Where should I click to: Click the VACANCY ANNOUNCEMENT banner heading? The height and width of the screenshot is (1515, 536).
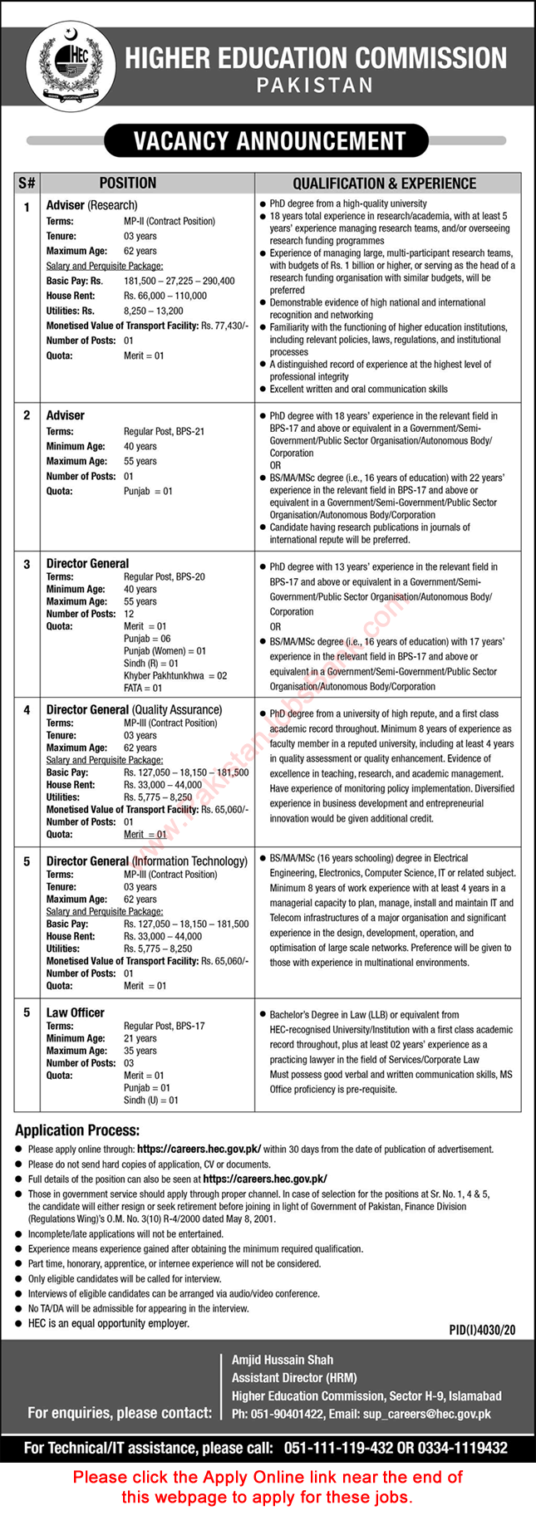coord(269,141)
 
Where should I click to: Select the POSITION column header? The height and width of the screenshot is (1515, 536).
coord(127,183)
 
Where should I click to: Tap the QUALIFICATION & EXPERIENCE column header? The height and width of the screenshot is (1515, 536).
coord(384,184)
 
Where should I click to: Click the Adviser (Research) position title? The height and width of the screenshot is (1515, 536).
coord(91,205)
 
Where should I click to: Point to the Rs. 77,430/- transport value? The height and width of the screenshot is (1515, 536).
coord(224,326)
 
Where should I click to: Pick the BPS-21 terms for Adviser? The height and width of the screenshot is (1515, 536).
coord(164,432)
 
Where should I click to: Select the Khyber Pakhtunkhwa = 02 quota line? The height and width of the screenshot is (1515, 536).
coord(175,676)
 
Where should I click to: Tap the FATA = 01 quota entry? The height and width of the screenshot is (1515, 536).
coord(143,688)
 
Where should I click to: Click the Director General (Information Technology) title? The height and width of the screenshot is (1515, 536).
coord(146,861)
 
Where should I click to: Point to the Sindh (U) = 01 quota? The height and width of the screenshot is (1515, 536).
coord(150,1100)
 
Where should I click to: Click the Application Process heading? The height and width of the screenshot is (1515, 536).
coord(77,1130)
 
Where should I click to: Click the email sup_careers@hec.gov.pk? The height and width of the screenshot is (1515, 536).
coord(435,1414)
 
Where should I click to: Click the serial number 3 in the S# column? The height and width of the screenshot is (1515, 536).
coord(27,564)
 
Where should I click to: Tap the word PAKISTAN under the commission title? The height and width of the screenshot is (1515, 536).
coord(314,85)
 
